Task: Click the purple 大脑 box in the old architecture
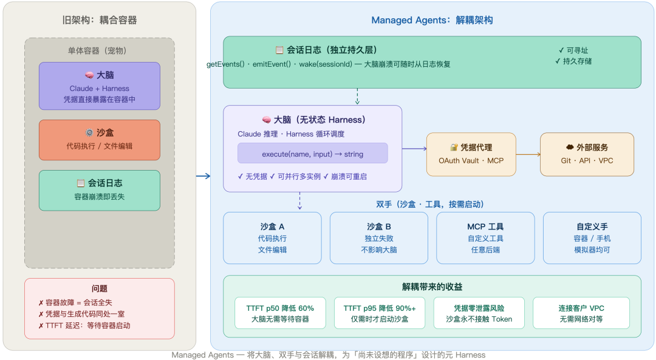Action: click(99, 86)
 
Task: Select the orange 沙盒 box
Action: click(99, 140)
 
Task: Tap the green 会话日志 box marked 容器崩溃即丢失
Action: click(99, 190)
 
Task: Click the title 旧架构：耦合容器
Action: click(99, 20)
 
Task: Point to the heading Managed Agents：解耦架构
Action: click(432, 20)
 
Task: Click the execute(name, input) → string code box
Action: click(312, 154)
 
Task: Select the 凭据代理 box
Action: click(471, 154)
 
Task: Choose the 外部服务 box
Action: click(587, 154)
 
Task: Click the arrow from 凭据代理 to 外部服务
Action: click(528, 154)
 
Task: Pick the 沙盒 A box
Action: click(272, 237)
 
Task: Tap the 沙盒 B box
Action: click(379, 237)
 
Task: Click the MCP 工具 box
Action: click(485, 237)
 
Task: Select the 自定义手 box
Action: click(592, 237)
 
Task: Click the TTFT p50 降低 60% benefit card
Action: click(280, 313)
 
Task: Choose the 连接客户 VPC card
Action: click(581, 313)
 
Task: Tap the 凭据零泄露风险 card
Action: click(479, 313)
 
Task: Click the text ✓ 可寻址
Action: click(573, 50)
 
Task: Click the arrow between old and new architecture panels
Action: click(203, 176)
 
